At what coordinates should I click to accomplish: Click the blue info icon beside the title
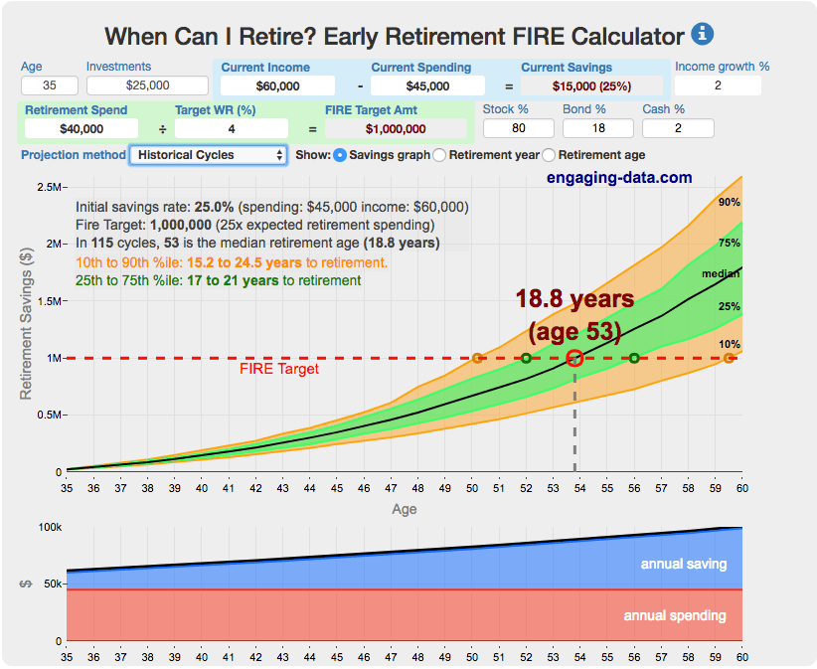coord(703,34)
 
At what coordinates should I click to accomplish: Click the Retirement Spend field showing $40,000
coord(82,128)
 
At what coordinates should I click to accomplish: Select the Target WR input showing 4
coord(231,128)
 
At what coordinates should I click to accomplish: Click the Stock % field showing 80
coord(518,127)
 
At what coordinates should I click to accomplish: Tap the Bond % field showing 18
coord(597,127)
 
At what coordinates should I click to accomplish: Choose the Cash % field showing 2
coord(677,127)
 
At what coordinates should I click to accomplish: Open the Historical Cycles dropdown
coord(209,155)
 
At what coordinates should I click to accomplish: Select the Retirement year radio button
coord(440,155)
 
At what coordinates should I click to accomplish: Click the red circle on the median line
coord(574,358)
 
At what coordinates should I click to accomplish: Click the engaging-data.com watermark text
coord(618,178)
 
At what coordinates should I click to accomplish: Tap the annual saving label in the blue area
coord(683,564)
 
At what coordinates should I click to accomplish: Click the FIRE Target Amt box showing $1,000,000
coord(396,128)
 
